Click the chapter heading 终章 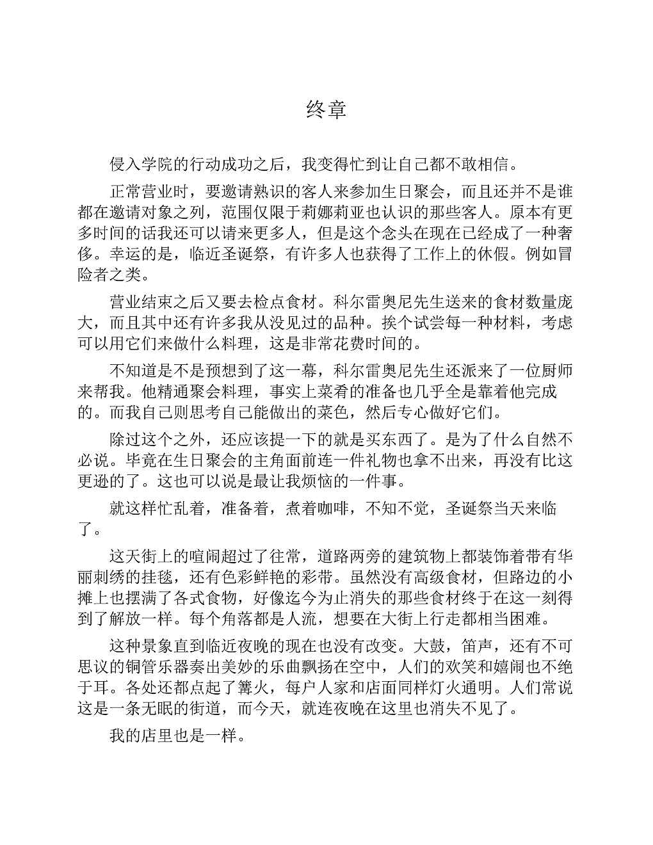point(326,109)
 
